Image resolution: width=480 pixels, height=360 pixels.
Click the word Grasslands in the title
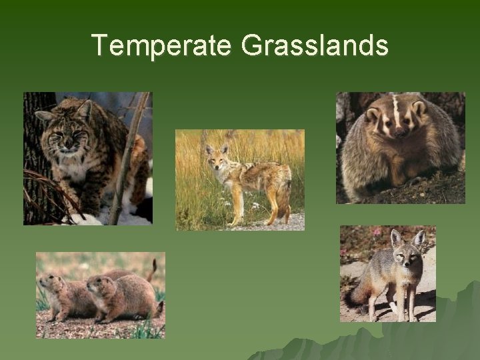pos(315,45)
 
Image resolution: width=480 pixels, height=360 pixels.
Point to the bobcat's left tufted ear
pos(45,116)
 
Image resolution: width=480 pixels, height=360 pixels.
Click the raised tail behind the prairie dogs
pos(153,270)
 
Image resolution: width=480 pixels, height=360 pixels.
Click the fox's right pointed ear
pos(419,237)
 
